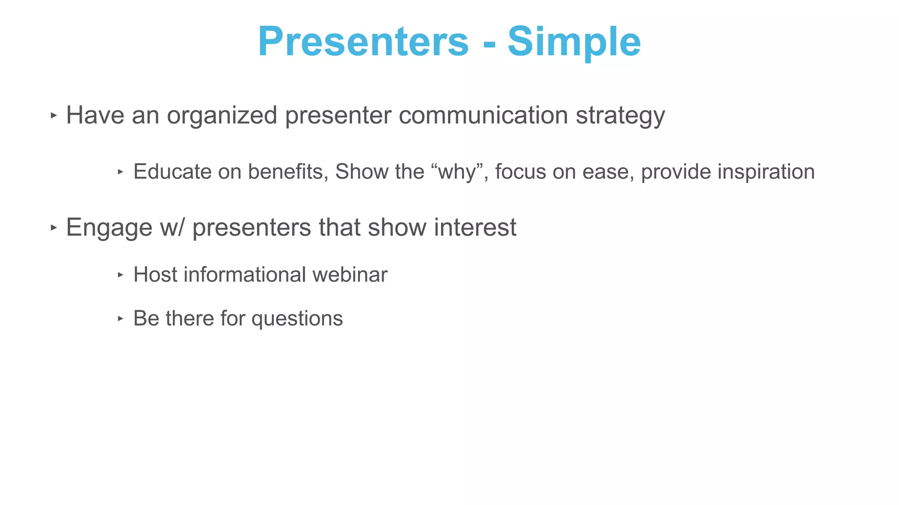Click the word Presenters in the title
coord(363,42)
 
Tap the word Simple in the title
coord(574,42)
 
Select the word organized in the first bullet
coord(222,116)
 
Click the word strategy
coord(620,116)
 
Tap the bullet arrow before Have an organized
coord(54,116)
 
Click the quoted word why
coord(457,172)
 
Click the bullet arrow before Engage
coord(54,228)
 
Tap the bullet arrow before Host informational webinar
coord(121,275)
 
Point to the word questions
coord(297,319)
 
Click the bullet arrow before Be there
coord(121,319)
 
